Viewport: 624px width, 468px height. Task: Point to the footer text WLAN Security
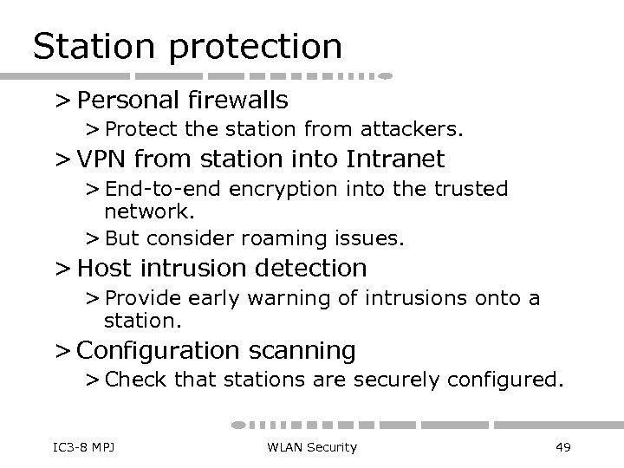tap(311, 446)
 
